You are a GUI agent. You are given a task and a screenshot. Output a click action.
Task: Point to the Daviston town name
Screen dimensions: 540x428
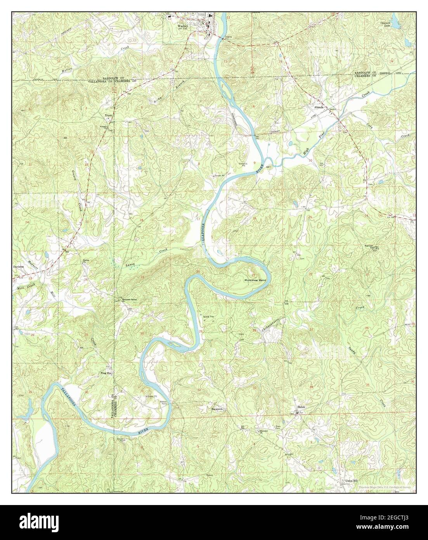click(19, 267)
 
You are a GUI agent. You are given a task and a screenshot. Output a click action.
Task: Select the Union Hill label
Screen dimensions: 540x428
click(347, 480)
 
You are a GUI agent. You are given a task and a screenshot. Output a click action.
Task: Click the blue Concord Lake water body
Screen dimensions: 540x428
click(395, 23)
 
